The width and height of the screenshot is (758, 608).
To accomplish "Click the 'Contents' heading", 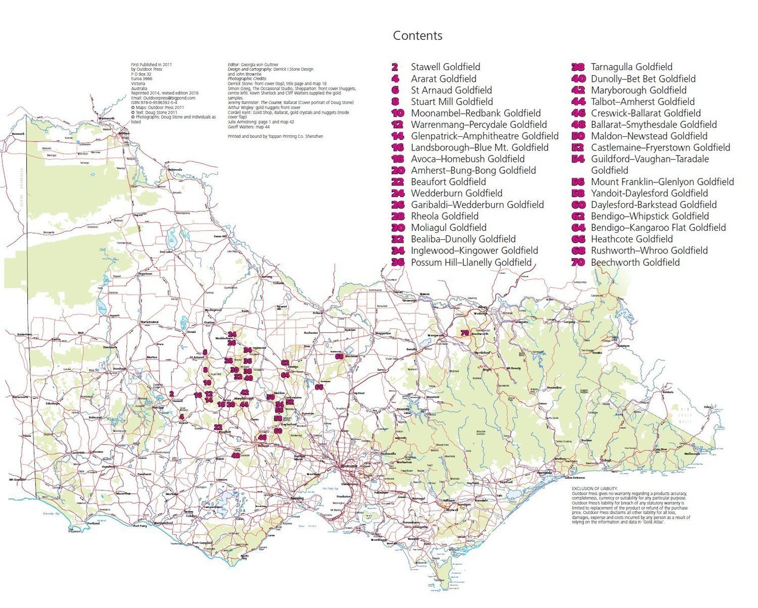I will (x=417, y=36).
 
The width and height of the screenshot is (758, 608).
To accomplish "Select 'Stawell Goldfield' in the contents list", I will (x=445, y=67).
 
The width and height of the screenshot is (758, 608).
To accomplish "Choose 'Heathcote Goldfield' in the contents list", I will (x=632, y=239).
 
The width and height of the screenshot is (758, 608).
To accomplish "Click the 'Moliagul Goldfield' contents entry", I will (x=448, y=228).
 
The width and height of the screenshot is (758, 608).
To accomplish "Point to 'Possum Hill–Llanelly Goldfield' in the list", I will (x=471, y=263).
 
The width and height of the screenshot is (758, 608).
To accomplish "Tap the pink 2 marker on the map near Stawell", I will (x=172, y=394).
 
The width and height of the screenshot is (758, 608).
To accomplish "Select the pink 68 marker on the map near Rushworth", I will (x=339, y=357).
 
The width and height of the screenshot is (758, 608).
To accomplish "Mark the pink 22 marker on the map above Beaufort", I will (x=218, y=427).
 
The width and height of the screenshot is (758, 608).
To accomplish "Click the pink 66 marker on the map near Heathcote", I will (x=319, y=387).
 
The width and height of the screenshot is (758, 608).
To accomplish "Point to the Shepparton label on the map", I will (x=383, y=334).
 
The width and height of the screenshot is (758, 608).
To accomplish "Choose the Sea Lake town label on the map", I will (x=166, y=251).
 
